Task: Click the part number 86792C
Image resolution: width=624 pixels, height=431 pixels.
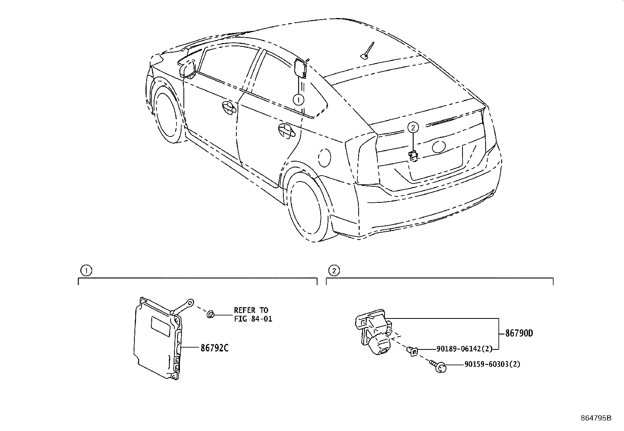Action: [214, 348]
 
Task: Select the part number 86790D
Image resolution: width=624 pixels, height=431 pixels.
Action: [519, 333]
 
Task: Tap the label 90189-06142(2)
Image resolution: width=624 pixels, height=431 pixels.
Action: [464, 349]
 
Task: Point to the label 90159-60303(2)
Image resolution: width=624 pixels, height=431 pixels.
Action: [492, 364]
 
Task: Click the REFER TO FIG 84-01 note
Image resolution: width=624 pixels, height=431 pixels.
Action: [253, 315]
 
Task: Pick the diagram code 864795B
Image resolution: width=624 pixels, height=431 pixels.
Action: [596, 418]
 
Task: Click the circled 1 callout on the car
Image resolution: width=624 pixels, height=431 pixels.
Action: [298, 100]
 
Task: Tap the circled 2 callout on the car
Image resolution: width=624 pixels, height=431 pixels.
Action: [413, 127]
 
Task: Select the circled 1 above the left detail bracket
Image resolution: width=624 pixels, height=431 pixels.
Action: [86, 271]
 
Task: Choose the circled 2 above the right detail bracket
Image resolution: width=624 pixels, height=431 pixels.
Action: [334, 271]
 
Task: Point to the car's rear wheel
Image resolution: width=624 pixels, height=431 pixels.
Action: [307, 206]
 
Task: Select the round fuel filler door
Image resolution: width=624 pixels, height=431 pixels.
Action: [324, 158]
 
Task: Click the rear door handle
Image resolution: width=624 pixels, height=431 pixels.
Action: [287, 130]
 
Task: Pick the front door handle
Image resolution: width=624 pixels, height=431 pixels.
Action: [229, 107]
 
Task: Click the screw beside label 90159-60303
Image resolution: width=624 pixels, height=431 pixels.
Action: [438, 366]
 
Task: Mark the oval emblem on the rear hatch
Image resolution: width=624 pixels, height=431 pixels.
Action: [439, 146]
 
